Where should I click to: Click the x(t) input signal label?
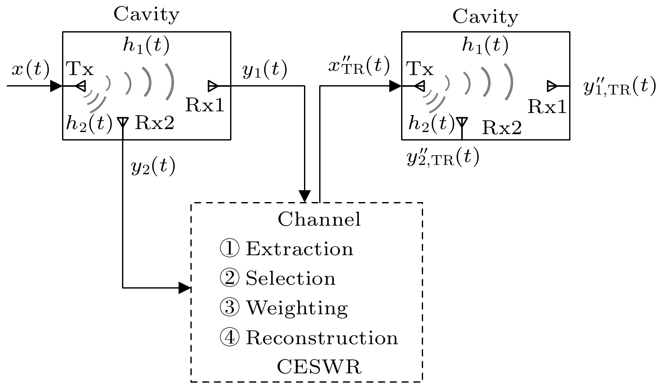click(x=30, y=69)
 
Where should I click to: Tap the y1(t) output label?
click(x=265, y=70)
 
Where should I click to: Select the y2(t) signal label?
click(x=153, y=167)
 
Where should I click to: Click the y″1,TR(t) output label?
click(x=619, y=87)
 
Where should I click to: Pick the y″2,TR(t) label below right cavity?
click(x=443, y=158)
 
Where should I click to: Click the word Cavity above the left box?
click(x=147, y=14)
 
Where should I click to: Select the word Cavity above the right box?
click(x=485, y=17)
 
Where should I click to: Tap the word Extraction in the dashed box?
click(x=299, y=249)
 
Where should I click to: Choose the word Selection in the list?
click(x=290, y=278)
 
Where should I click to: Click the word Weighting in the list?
click(x=297, y=308)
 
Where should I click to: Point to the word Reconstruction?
click(x=322, y=338)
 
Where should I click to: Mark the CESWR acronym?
click(x=319, y=367)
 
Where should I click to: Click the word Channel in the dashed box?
click(x=319, y=219)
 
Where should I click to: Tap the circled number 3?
click(x=230, y=308)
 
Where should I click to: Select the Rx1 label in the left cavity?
click(x=205, y=105)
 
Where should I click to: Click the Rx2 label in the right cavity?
click(x=502, y=127)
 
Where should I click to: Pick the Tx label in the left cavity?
click(x=80, y=68)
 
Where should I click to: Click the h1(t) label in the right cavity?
click(x=485, y=44)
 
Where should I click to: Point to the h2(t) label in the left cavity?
click(x=89, y=123)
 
